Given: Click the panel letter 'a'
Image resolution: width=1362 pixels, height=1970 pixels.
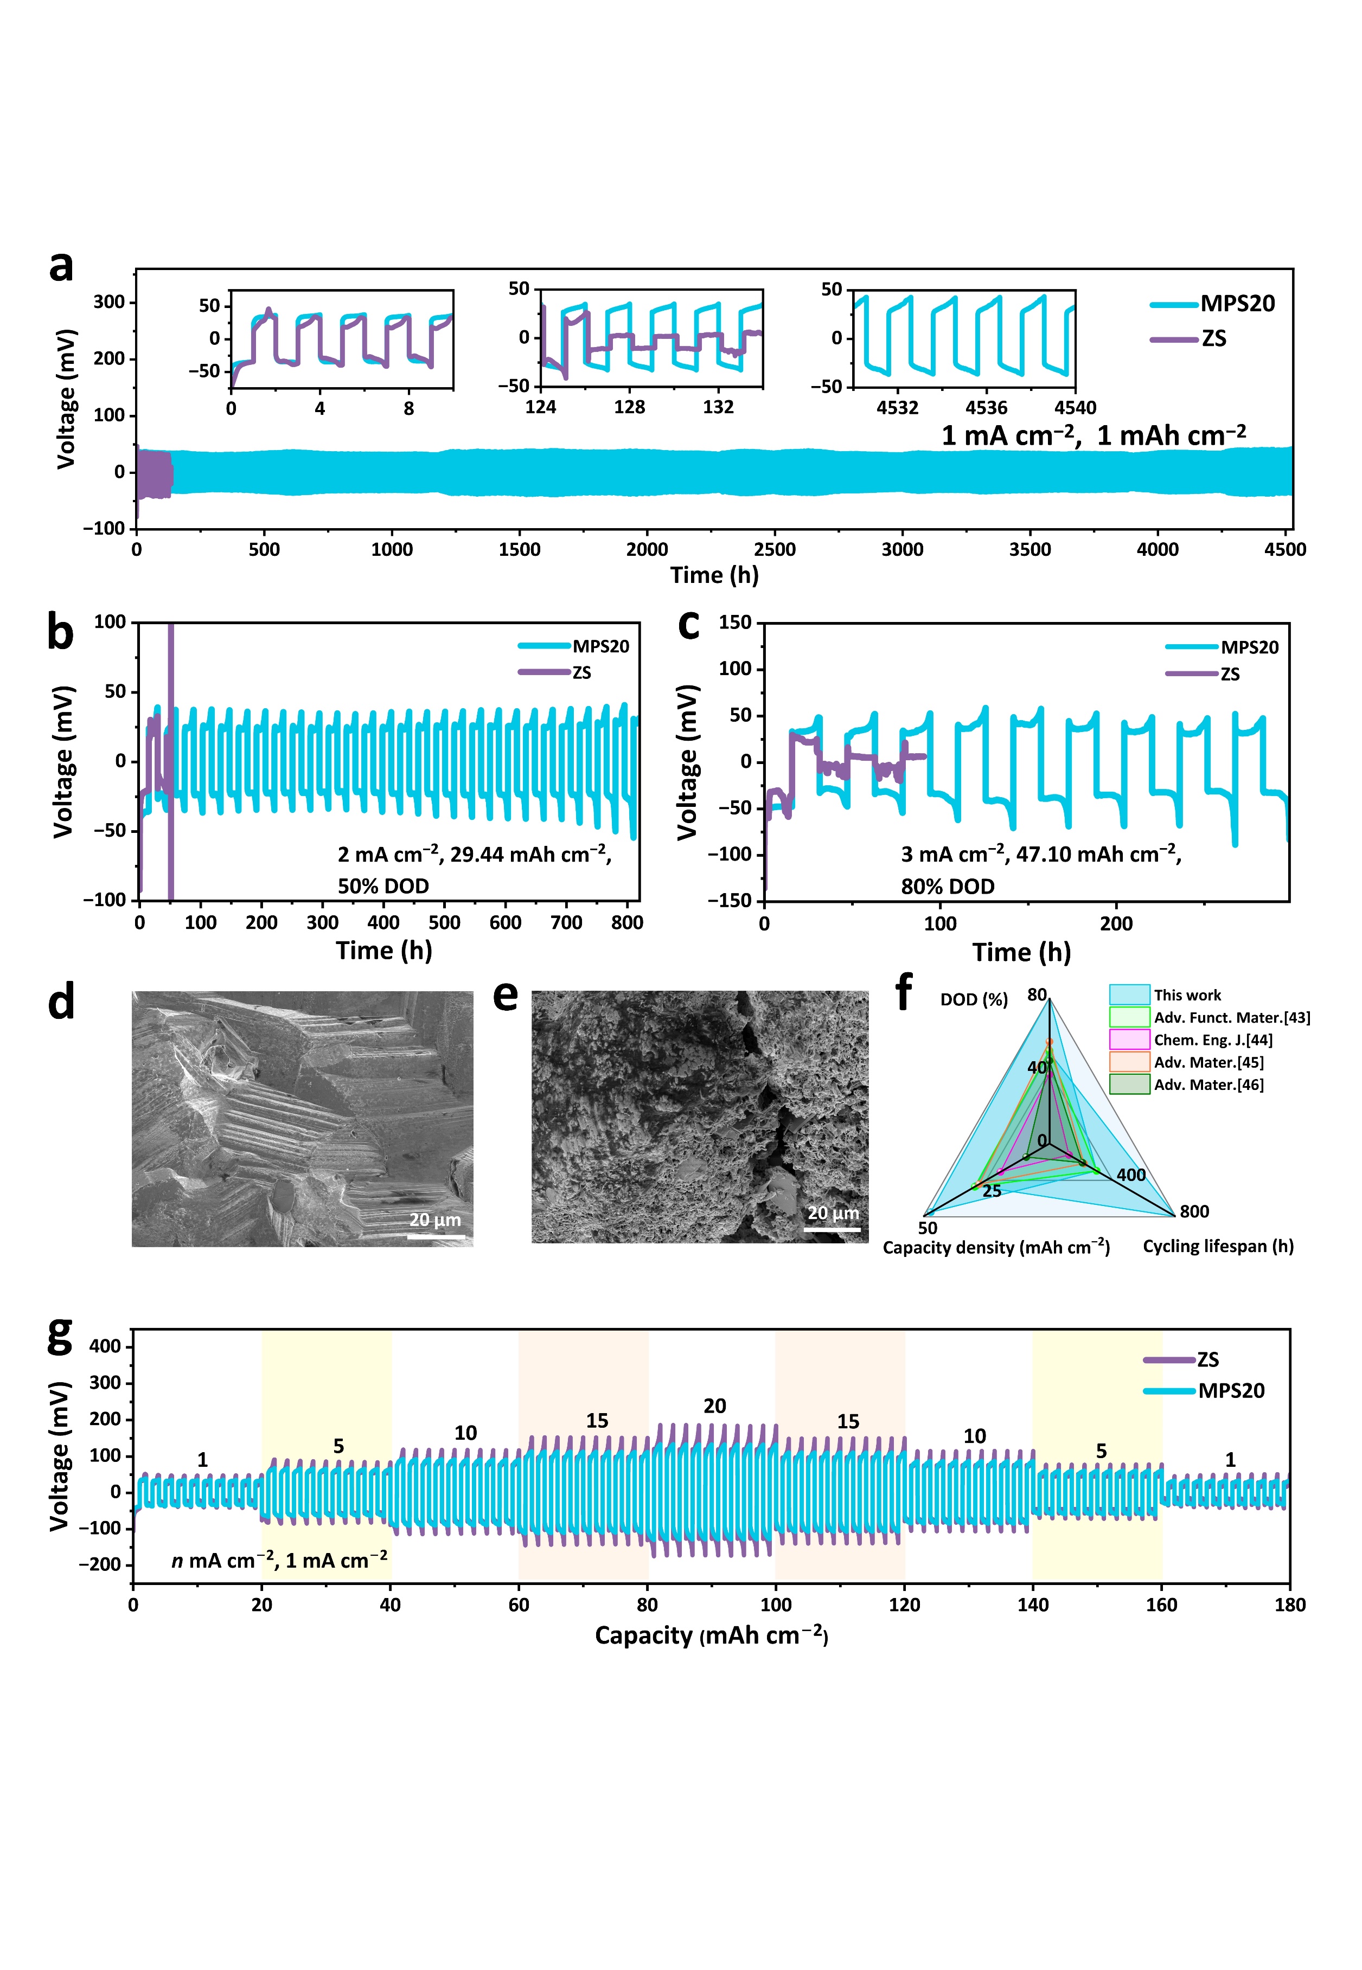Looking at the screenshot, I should pos(61,266).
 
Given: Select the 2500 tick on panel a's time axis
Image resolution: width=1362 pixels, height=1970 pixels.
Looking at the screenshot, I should pos(774,549).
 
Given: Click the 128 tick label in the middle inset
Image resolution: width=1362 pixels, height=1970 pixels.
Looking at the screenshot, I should pos(629,407).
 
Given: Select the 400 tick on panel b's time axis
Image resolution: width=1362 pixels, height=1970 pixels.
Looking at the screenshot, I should pos(383,922).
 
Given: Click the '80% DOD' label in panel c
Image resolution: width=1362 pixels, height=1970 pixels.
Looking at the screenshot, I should pos(947,887).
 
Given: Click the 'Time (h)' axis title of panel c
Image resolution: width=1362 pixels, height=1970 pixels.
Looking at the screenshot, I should pos(1021,952).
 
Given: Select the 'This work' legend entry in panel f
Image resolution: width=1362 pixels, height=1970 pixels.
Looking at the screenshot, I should pos(1187,995).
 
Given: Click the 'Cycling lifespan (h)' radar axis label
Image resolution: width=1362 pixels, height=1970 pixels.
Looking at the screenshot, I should pos(1218,1247).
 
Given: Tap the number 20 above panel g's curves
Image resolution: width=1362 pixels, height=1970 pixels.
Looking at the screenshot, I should pos(714,1406).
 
